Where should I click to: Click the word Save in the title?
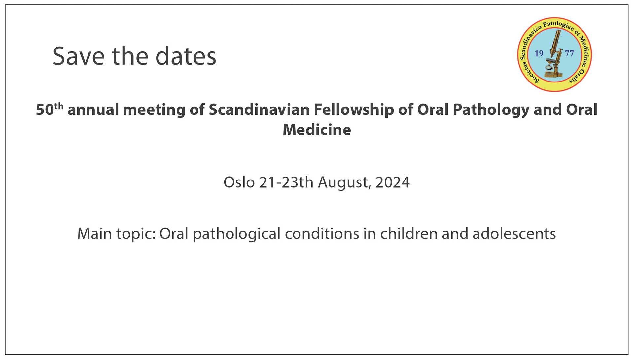79,56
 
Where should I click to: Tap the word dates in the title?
186,56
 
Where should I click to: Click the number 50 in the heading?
45,110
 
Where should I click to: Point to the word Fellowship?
354,110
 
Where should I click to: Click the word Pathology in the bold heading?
491,110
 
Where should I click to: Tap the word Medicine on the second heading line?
317,130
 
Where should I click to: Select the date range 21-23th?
286,182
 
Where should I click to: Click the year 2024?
393,182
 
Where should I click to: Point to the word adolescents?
514,234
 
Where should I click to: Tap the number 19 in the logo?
539,53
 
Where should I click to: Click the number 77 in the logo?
570,53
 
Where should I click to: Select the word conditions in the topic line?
322,234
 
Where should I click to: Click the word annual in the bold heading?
93,110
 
